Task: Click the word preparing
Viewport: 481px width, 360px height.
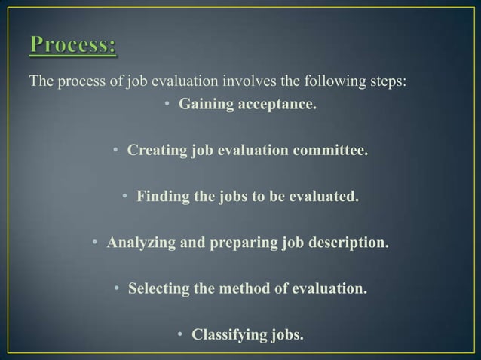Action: pos(249,243)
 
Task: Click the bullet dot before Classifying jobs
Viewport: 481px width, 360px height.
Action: pos(182,334)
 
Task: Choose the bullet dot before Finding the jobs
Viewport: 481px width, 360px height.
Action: pos(126,198)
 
